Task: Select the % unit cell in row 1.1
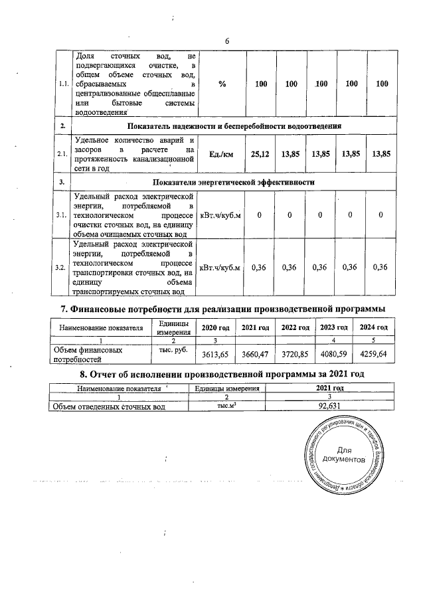(x=222, y=84)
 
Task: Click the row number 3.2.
(x=61, y=267)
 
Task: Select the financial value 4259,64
(x=374, y=354)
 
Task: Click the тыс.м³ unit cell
(x=226, y=407)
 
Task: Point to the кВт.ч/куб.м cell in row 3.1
(x=221, y=215)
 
